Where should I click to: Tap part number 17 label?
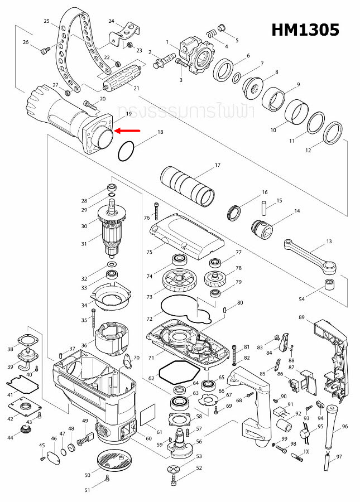pos(218,165)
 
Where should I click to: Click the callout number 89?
pos(301,317)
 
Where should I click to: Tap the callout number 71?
pos(150,356)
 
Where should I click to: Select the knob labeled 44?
pos(24,429)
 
